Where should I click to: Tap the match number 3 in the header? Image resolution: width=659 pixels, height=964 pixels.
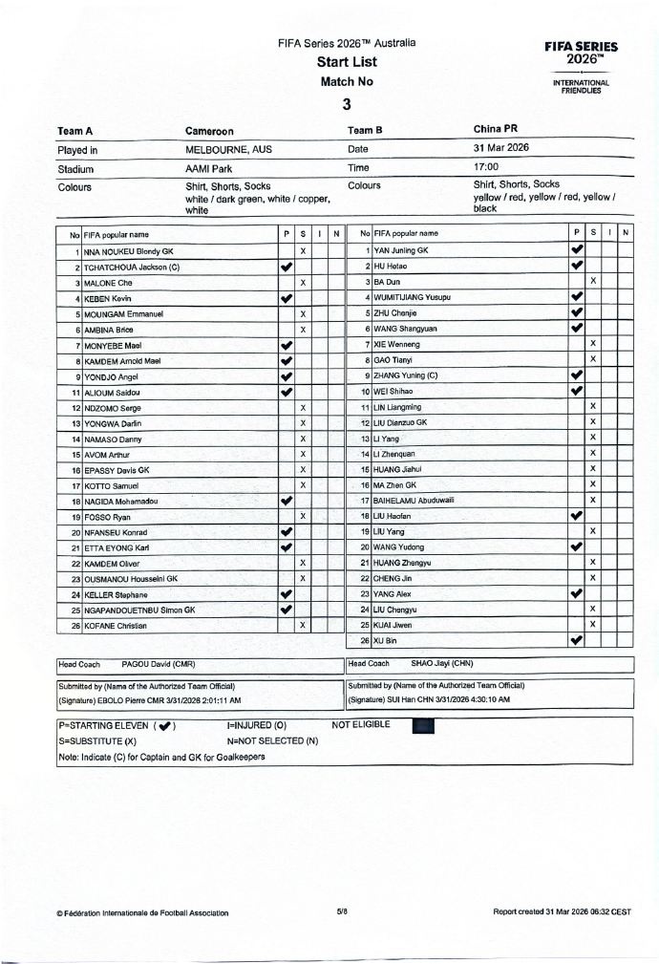point(347,104)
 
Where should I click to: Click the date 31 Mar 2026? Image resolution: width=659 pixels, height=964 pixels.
point(501,148)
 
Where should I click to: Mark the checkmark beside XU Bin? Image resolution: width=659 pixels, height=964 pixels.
point(576,640)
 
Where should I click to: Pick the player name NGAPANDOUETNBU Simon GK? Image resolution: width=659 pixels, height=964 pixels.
point(139,610)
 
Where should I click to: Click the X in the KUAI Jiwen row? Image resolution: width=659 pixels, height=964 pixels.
point(593,624)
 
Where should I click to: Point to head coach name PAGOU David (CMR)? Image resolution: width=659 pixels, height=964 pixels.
point(159,664)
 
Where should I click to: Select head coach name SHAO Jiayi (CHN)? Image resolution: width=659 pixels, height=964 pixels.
point(441,664)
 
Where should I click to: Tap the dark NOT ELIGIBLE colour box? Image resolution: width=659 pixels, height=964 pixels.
point(423,726)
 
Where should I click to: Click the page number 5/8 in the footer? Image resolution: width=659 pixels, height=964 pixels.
point(342,912)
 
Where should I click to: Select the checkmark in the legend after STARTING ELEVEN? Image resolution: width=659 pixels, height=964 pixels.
point(165,726)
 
